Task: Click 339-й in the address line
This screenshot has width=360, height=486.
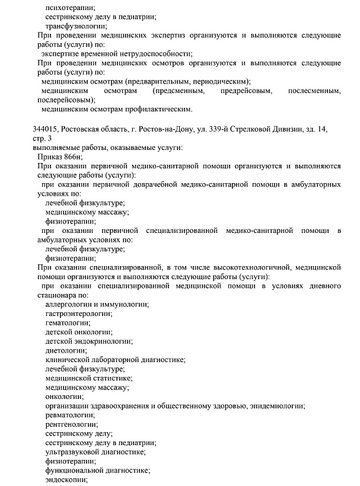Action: click(223, 129)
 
